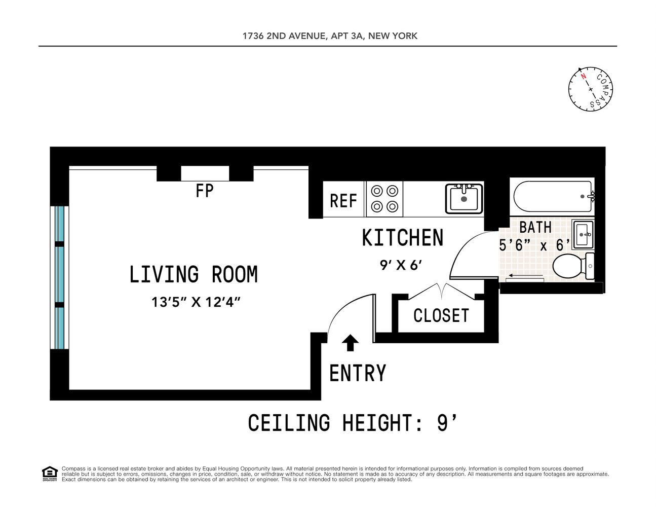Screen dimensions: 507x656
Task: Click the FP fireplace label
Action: [205, 191]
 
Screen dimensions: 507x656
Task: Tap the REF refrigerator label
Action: [343, 201]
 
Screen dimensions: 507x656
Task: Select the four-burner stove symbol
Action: [384, 199]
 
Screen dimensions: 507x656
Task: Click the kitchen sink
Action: [464, 198]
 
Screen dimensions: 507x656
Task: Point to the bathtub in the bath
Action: [552, 196]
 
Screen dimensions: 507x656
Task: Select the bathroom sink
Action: [583, 234]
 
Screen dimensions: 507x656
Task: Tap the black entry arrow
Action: [350, 343]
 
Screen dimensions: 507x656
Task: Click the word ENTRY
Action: [358, 374]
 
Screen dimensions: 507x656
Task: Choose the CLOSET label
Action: [441, 316]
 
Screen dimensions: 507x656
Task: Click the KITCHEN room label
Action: [403, 238]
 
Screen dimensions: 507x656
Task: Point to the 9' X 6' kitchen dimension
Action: [401, 265]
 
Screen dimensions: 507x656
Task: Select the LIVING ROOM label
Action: [194, 275]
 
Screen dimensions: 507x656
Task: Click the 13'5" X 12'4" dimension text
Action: [196, 302]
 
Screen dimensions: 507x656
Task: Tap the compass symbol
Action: [591, 89]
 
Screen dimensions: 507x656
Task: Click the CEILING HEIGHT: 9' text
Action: [353, 423]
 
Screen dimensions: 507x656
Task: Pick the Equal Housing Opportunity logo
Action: [50, 474]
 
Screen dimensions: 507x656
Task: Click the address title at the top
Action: [330, 36]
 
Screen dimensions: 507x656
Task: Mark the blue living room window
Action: [60, 277]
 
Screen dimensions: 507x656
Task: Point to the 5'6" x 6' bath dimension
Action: [534, 245]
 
